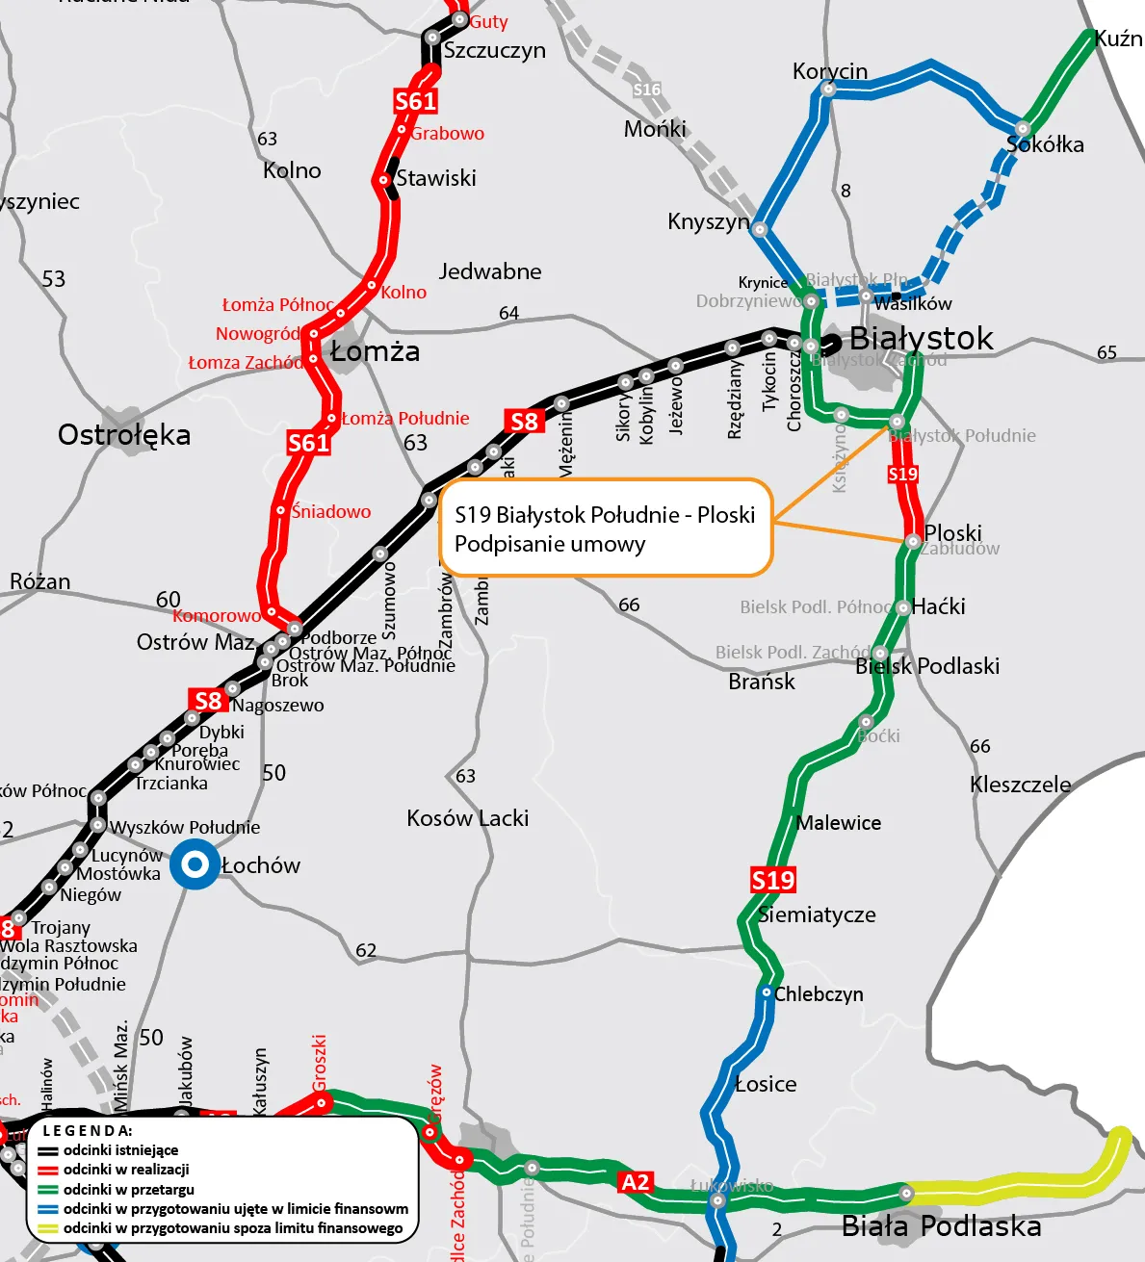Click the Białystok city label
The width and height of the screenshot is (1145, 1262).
coord(921,339)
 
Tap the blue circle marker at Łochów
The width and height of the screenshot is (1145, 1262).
coord(195,864)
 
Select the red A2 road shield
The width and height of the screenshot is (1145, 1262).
coord(636,1182)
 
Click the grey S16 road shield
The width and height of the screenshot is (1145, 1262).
coord(647,90)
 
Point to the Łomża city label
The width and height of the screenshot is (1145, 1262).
coord(375,352)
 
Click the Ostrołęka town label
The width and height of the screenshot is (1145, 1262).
coord(124,435)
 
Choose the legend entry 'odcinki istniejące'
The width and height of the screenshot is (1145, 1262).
coord(120,1150)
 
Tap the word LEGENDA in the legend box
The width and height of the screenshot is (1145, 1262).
coord(88,1131)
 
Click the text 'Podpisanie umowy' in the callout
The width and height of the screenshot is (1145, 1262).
coord(550,545)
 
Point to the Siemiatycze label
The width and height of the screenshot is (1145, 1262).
coord(817,914)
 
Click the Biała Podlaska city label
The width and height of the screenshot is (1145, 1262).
coord(941,1226)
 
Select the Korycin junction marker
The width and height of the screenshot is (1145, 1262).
coord(828,89)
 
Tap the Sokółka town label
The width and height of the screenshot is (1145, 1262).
coord(1045,145)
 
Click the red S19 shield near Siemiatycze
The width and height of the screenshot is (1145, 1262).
coord(772,880)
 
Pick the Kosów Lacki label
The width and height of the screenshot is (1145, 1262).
coord(467,818)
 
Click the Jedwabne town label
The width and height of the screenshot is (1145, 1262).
coord(490,271)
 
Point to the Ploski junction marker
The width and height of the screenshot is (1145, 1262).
coord(913,542)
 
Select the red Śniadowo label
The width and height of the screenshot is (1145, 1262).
coord(331,512)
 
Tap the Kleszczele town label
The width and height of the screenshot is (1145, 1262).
coord(1020,785)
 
